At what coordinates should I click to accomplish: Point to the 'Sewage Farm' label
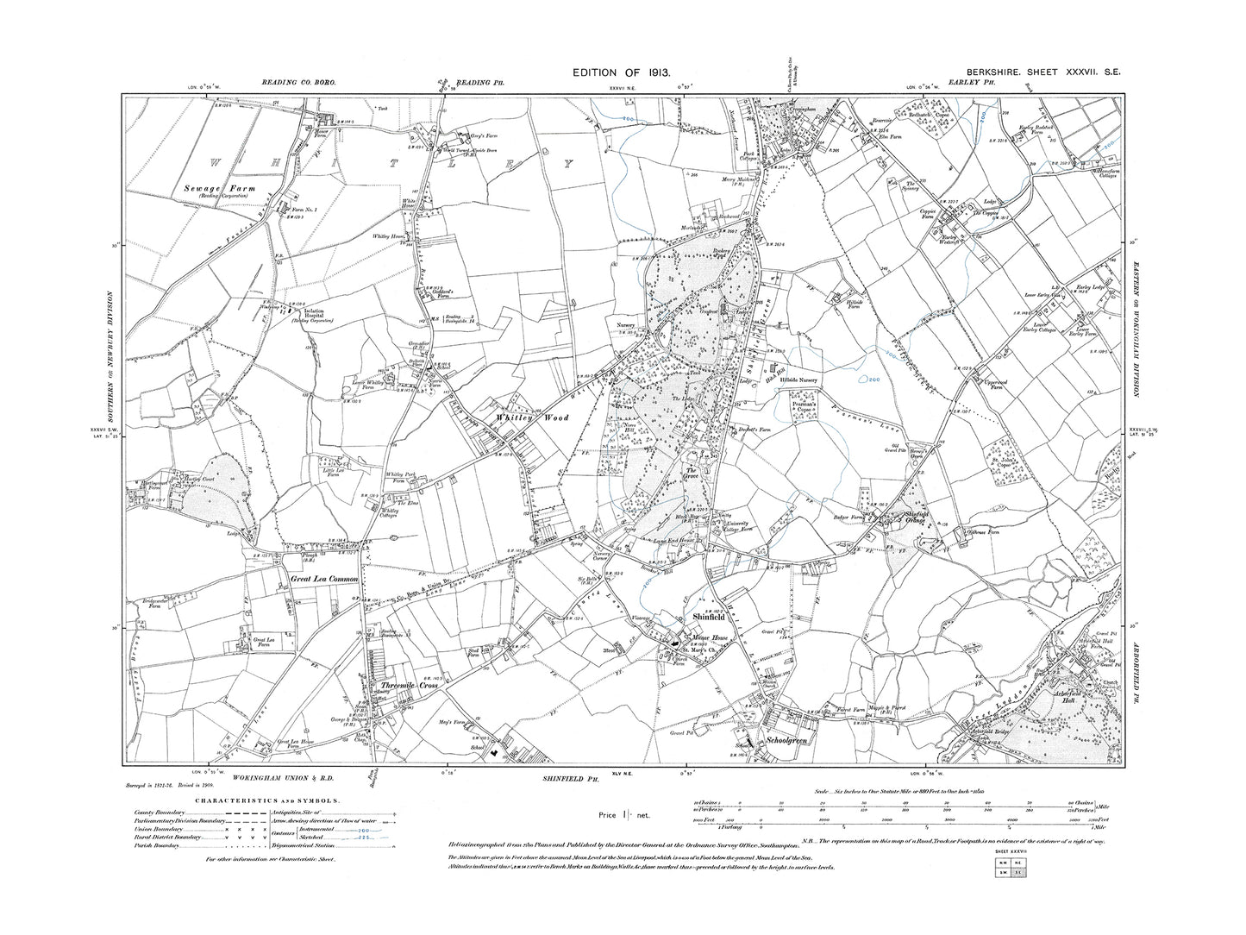[213, 187]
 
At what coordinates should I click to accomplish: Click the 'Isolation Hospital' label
[310, 312]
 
